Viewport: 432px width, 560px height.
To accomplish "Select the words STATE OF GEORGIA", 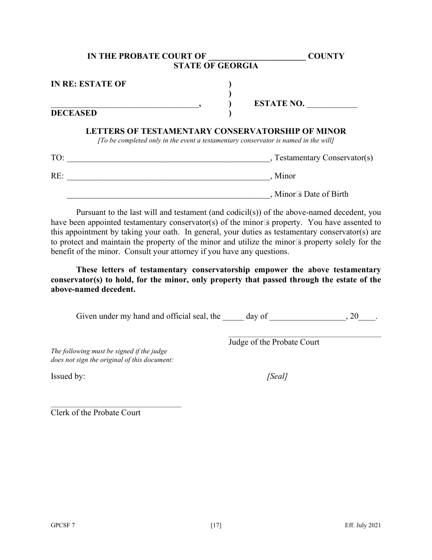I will pyautogui.click(x=216, y=66).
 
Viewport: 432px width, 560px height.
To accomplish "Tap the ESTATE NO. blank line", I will pyautogui.click(x=332, y=105).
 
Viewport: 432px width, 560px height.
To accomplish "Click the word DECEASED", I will pyautogui.click(x=74, y=113).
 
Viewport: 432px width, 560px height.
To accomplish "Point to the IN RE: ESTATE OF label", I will pyautogui.click(x=88, y=84).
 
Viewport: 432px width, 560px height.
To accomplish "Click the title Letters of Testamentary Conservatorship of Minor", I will pyautogui.click(x=216, y=131).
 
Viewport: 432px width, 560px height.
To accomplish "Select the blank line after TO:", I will pyautogui.click(x=169, y=160).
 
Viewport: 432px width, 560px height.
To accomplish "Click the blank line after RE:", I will pyautogui.click(x=169, y=178).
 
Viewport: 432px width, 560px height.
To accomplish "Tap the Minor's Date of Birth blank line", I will pyautogui.click(x=169, y=196).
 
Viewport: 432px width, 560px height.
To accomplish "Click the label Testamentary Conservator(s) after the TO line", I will pyautogui.click(x=324, y=158).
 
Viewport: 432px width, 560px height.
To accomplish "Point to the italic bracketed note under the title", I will pyautogui.click(x=216, y=140).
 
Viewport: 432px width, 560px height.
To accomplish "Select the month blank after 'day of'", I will pyautogui.click(x=308, y=318).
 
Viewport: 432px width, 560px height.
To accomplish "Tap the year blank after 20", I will pyautogui.click(x=367, y=318).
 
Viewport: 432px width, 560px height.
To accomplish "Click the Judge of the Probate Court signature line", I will pyautogui.click(x=305, y=336).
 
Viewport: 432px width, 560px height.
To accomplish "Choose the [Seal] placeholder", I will pyautogui.click(x=277, y=376).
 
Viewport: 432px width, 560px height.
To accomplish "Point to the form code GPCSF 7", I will pyautogui.click(x=63, y=525).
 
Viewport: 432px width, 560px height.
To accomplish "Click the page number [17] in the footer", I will pyautogui.click(x=216, y=525).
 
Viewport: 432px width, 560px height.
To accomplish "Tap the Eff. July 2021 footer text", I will pyautogui.click(x=362, y=525).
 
